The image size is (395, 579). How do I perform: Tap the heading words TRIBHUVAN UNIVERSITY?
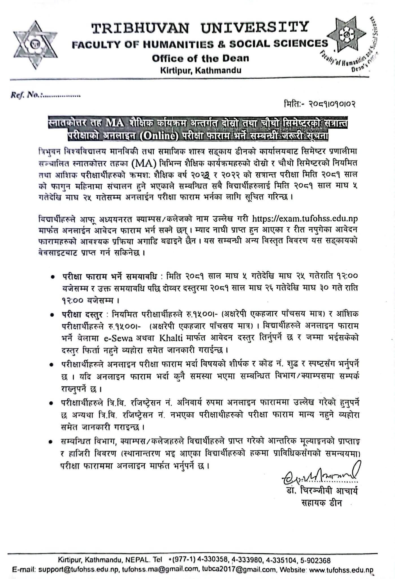point(200,28)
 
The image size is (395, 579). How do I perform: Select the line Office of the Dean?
point(200,59)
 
